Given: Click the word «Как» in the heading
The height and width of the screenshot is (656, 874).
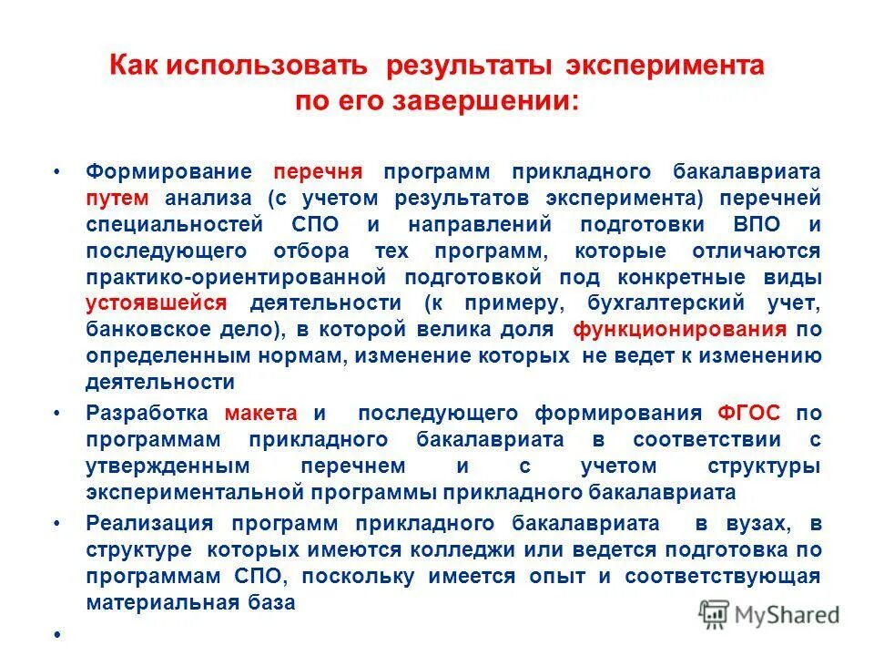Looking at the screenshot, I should [x=135, y=67].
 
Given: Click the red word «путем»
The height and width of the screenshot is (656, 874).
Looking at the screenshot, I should [x=113, y=199].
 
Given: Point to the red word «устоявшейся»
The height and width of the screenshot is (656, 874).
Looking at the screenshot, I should [x=158, y=303].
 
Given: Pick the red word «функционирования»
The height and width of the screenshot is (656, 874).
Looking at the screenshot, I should [x=680, y=329].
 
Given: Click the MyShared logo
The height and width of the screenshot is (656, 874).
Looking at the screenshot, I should [x=768, y=613].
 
